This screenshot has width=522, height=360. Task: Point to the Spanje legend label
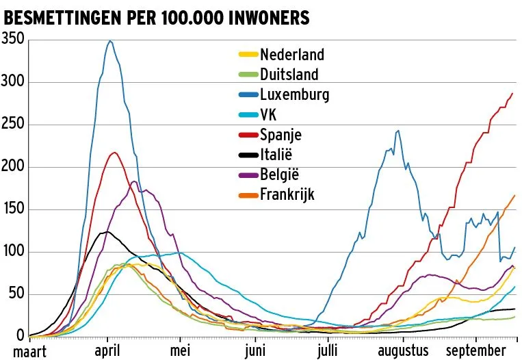[x=280, y=134]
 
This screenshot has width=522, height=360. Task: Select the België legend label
[x=280, y=174]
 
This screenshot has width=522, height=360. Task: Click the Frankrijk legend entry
[x=287, y=194]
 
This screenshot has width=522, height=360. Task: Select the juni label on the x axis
[x=255, y=350]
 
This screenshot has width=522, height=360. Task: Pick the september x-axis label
[x=477, y=350]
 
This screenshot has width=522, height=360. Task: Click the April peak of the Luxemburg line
[x=109, y=41]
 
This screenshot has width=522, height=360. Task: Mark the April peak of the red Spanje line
[x=114, y=152]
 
